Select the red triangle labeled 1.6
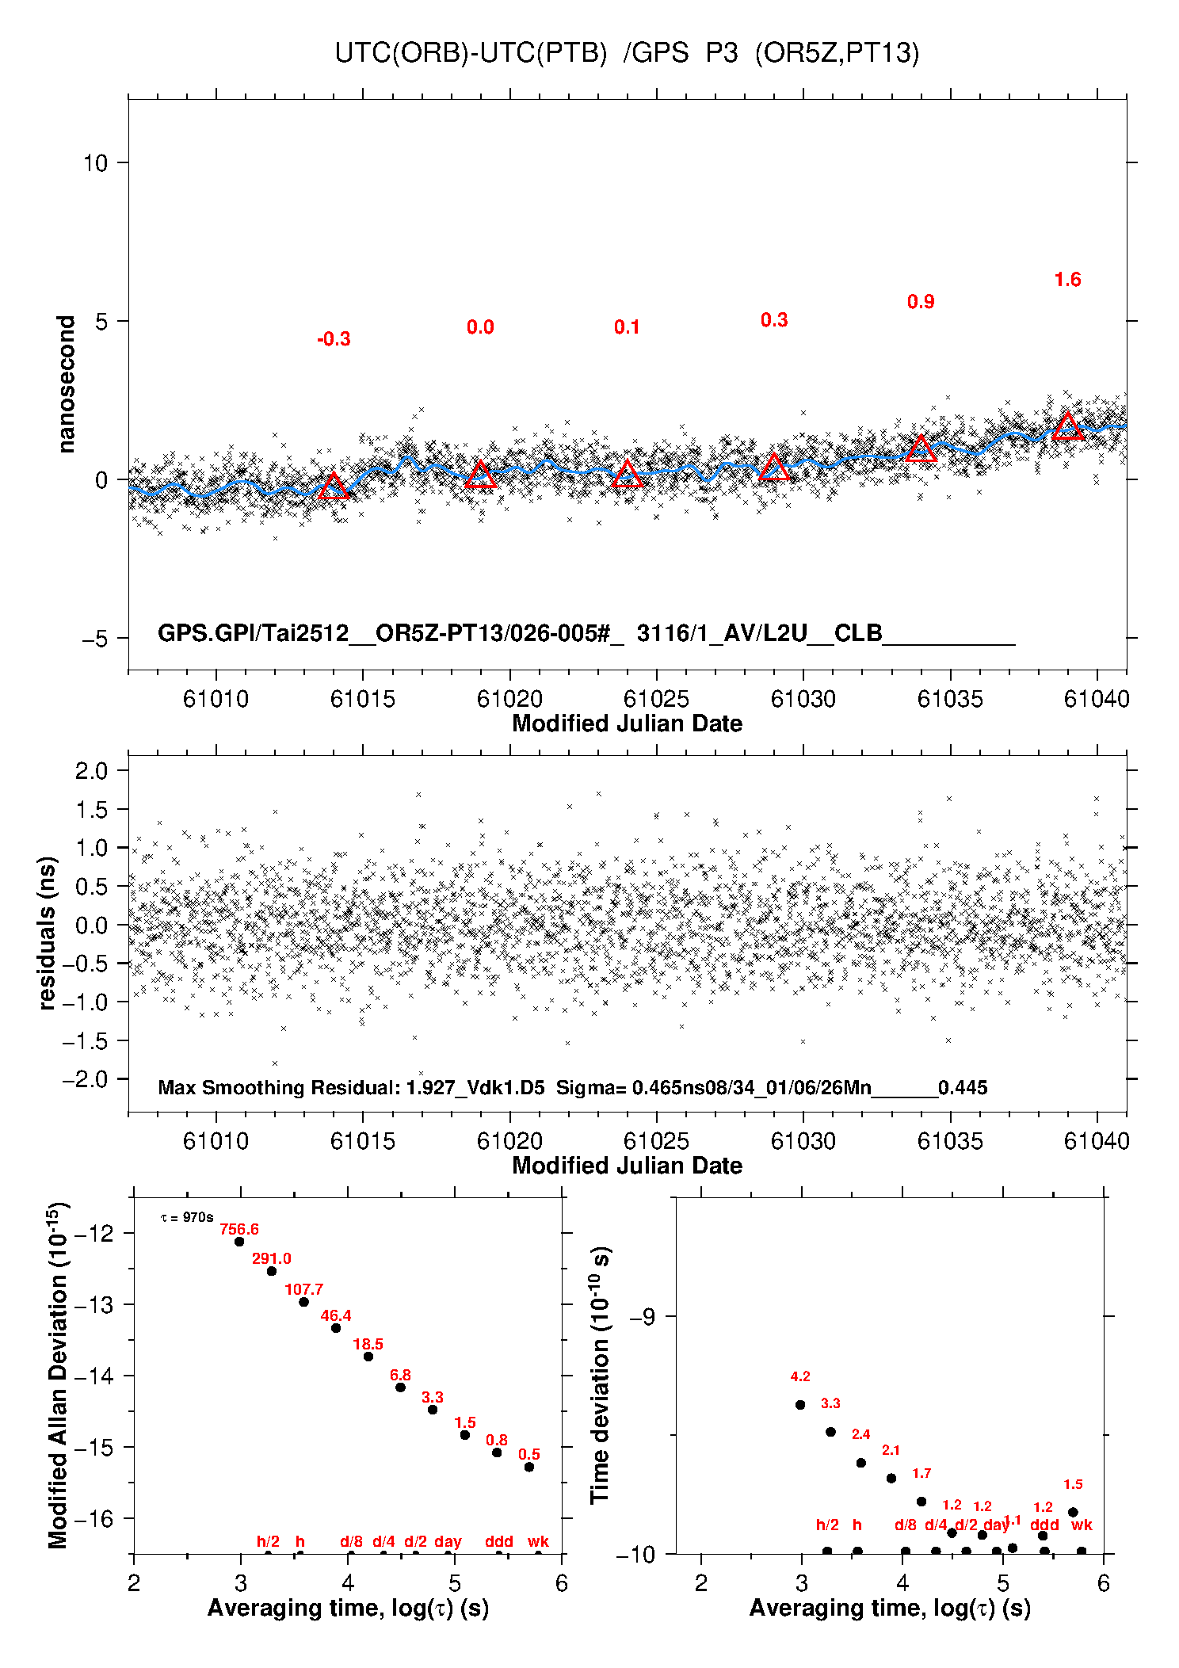coord(1067,427)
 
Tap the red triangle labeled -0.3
coord(334,486)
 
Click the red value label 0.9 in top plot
coord(921,302)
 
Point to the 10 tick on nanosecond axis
coord(95,163)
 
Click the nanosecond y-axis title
coord(66,384)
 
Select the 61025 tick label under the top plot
coord(656,699)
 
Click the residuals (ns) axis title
coord(48,933)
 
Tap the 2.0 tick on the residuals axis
coord(91,770)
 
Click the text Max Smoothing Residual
coord(277,1087)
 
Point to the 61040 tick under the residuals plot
coord(1097,1141)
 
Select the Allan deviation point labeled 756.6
coord(239,1241)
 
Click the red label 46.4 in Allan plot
coord(336,1316)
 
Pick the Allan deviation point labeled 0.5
coord(529,1467)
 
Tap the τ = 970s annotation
coord(187,1217)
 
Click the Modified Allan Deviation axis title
coord(58,1375)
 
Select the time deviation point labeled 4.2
coord(800,1405)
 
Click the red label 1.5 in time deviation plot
coord(1073,1484)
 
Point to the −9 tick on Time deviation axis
coord(643,1316)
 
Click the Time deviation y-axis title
coord(600,1375)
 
